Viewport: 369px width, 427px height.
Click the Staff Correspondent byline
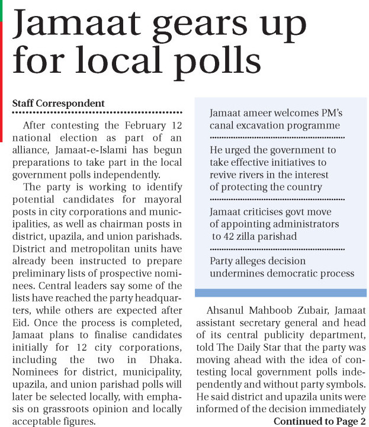58,103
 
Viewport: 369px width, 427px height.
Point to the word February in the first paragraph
137,126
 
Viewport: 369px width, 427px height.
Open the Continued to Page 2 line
319,421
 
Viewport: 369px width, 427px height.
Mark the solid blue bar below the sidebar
281,293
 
